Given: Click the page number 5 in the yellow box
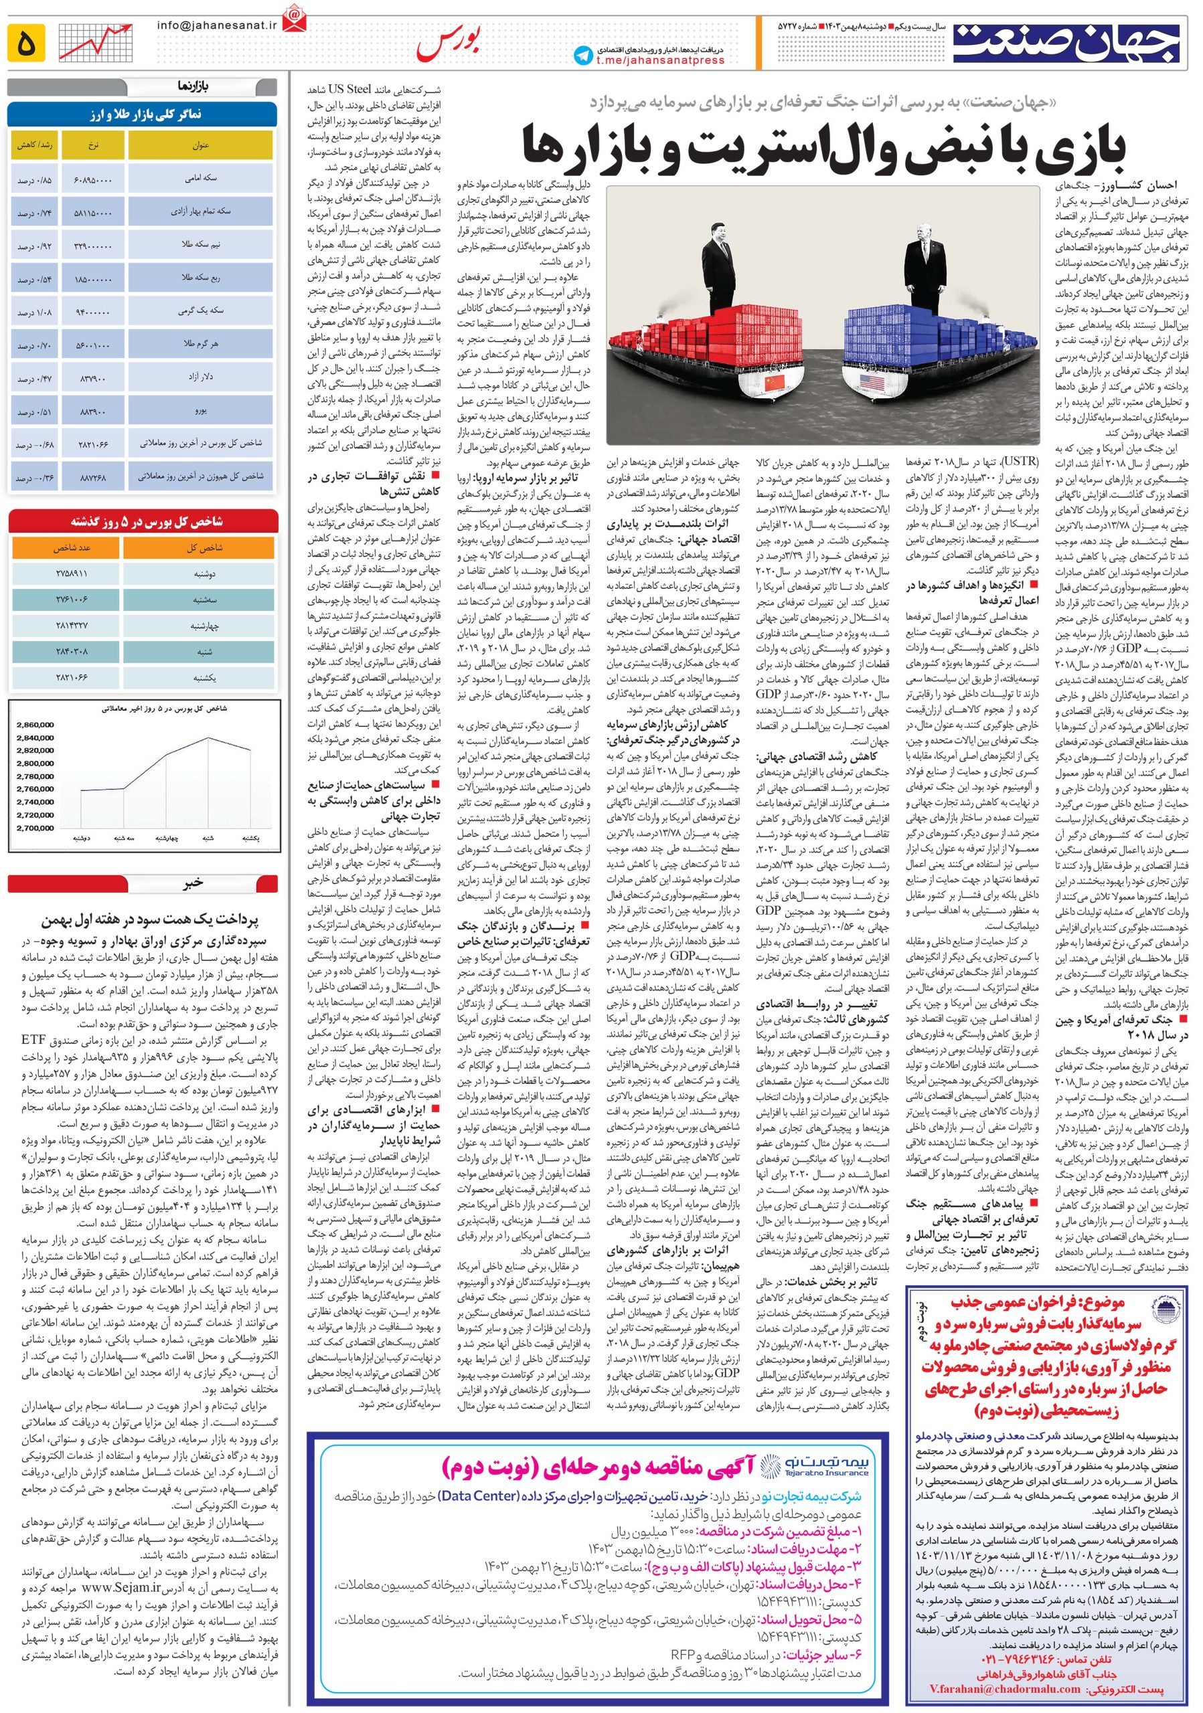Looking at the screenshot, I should (x=25, y=44).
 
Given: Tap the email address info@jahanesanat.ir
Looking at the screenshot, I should (x=207, y=25).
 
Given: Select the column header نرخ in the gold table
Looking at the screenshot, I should (x=93, y=145).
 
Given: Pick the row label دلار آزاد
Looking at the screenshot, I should (x=200, y=377).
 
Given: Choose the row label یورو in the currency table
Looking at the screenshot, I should (x=200, y=410).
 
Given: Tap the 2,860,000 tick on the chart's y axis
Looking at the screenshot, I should (x=35, y=725).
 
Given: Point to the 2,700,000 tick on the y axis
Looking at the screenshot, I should (x=35, y=828).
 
